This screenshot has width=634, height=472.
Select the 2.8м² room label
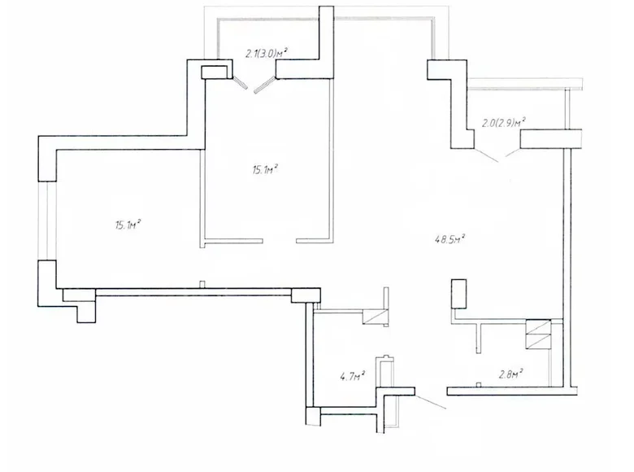[510, 374]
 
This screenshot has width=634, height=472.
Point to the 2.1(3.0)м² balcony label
[268, 54]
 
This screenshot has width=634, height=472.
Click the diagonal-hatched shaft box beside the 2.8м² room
[539, 334]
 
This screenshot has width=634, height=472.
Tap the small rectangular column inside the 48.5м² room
[460, 293]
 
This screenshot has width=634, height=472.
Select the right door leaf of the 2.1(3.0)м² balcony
[264, 85]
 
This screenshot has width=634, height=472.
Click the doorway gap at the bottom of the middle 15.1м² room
[280, 240]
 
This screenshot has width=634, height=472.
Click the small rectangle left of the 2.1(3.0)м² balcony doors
[215, 72]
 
